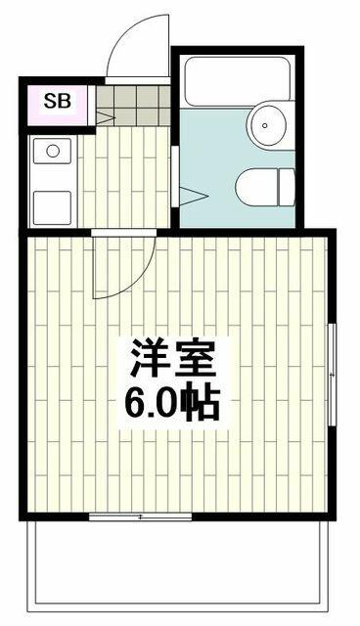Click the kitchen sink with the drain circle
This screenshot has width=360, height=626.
(x=53, y=153)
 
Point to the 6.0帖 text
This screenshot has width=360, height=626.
(x=174, y=401)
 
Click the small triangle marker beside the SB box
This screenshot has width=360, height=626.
(x=102, y=118)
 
